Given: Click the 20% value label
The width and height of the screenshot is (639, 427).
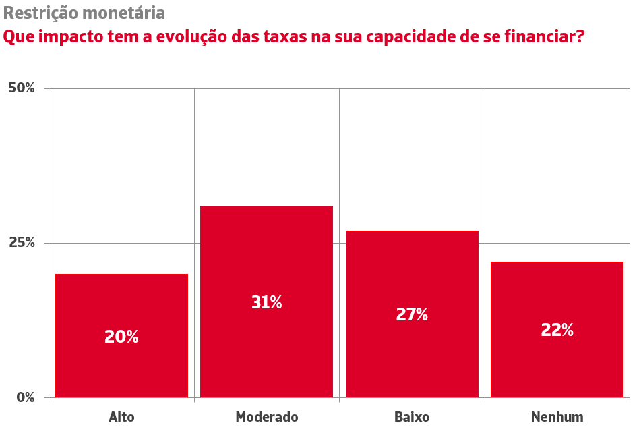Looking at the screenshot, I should pos(121,337).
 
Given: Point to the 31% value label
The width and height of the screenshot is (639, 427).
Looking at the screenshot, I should pos(266,302).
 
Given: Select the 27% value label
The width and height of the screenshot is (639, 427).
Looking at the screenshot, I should pos(412,314).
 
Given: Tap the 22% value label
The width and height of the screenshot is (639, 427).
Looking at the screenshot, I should pos(557,330).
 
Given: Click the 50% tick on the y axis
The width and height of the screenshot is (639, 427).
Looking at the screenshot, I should pos(22,88).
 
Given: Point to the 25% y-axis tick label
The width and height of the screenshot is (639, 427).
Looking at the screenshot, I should pos(22,243).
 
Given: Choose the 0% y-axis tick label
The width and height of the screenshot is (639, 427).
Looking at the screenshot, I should pos(26,397).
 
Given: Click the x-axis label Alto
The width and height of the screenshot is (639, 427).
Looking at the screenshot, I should pos(121,416).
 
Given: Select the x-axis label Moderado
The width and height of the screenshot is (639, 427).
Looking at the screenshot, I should pos(266,416).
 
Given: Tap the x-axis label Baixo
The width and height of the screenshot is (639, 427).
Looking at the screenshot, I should pos(412,416).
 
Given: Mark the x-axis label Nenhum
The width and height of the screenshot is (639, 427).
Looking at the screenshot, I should pos(557,416).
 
